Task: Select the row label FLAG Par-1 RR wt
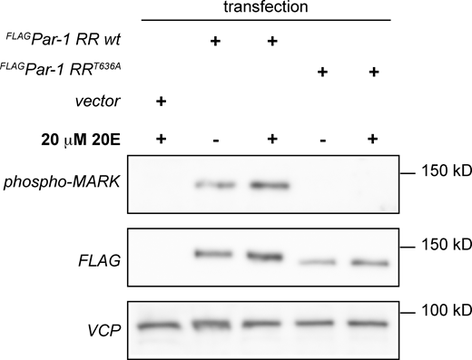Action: point(55,41)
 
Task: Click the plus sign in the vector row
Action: point(162,101)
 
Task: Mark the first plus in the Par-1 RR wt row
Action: point(215,41)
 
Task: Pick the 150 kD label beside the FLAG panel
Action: point(442,245)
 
